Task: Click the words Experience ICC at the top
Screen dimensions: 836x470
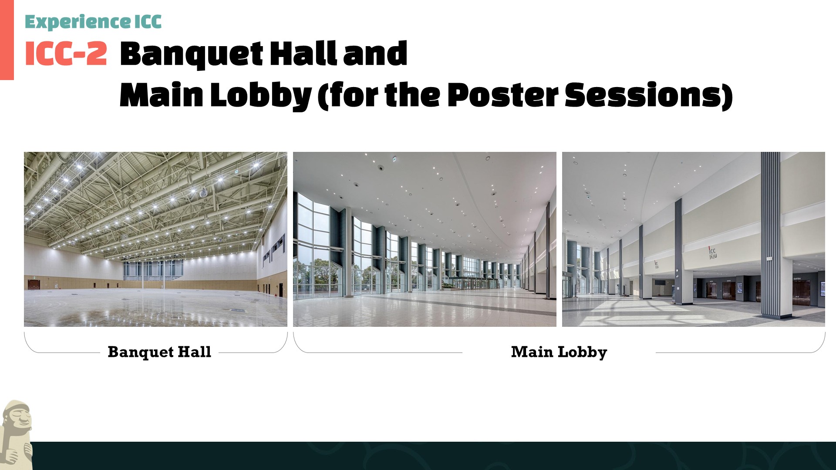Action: pos(93,22)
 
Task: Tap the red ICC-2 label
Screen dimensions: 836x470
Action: pos(66,54)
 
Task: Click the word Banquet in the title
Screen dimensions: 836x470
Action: pos(191,54)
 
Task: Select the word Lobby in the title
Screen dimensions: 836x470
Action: pos(261,94)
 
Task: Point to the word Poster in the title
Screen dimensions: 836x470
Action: pos(503,94)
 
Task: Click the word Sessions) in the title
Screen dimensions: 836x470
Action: pos(649,95)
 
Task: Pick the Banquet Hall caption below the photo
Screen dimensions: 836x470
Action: pos(159,352)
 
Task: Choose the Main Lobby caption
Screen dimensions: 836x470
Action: pos(559,352)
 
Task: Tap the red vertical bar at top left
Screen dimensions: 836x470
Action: pos(7,40)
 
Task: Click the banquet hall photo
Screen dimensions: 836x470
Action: pos(155,239)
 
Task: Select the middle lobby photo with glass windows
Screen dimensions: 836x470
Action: pos(425,239)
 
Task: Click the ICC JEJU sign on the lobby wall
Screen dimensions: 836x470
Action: pos(712,253)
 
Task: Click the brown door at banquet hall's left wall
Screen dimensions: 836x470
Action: pos(34,285)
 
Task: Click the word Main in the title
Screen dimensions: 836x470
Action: pos(161,94)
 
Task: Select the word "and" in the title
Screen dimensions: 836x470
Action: pos(375,54)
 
